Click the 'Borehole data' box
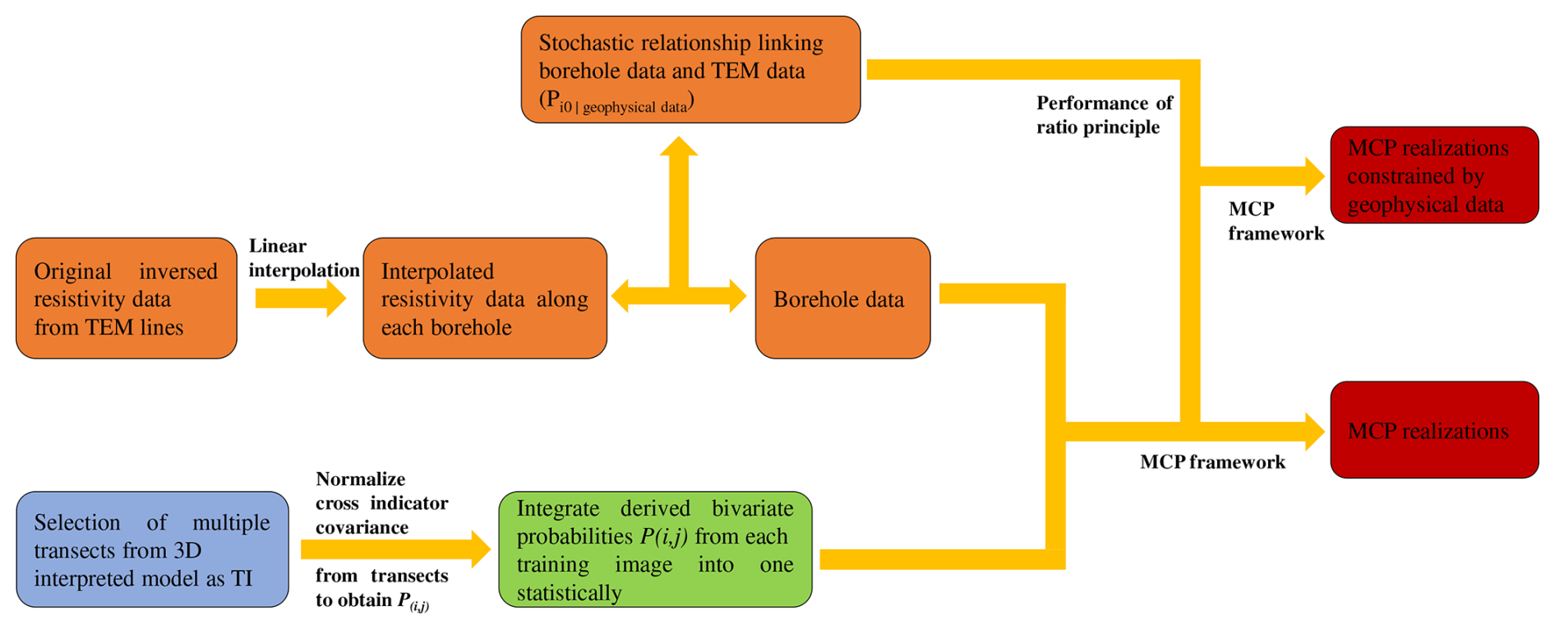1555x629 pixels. (x=842, y=298)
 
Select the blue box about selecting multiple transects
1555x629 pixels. (x=152, y=549)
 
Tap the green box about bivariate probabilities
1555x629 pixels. (x=655, y=549)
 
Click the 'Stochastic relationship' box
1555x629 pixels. (x=690, y=70)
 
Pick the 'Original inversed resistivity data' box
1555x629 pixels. (x=126, y=298)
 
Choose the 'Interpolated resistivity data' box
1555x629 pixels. (x=485, y=298)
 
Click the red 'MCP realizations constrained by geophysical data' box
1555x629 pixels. (x=1434, y=175)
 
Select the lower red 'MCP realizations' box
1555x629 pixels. (x=1434, y=430)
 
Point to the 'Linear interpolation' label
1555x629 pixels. (x=303, y=258)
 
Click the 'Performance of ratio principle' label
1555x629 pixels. (x=1104, y=115)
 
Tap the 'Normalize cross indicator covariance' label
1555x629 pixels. (x=381, y=503)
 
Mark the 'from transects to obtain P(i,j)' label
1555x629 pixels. (x=381, y=588)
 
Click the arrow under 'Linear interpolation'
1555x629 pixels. (x=300, y=298)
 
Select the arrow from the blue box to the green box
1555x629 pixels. (x=395, y=548)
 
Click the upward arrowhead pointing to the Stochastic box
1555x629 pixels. (x=678, y=148)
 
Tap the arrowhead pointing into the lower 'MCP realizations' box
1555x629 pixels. (x=1313, y=431)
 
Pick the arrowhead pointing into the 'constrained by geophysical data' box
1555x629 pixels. (x=1313, y=175)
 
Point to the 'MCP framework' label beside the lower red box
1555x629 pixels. (x=1212, y=462)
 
